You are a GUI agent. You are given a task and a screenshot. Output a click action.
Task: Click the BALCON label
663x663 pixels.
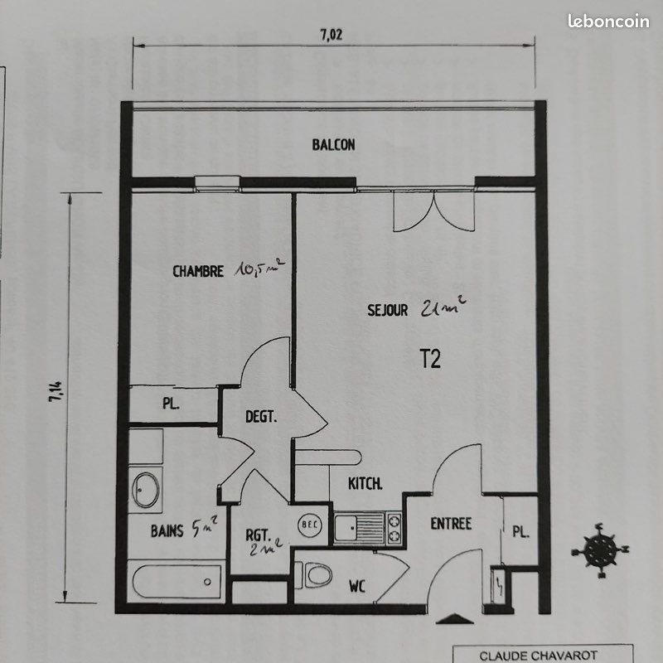point(333,145)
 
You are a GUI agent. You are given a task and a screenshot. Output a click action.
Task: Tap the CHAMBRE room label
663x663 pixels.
point(197,271)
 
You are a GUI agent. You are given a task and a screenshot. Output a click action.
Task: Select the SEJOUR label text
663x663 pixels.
point(387,311)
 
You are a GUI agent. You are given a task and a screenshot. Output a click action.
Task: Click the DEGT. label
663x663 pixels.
point(260,418)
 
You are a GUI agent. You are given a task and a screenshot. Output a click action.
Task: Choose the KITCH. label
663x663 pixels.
point(365,483)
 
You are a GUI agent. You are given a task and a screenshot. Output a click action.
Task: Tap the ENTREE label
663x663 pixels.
point(451,524)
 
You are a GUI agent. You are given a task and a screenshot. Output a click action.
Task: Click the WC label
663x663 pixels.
point(357,588)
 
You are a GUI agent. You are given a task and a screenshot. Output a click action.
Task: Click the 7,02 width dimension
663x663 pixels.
point(331,35)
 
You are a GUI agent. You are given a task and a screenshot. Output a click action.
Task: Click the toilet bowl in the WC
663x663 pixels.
point(316,574)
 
